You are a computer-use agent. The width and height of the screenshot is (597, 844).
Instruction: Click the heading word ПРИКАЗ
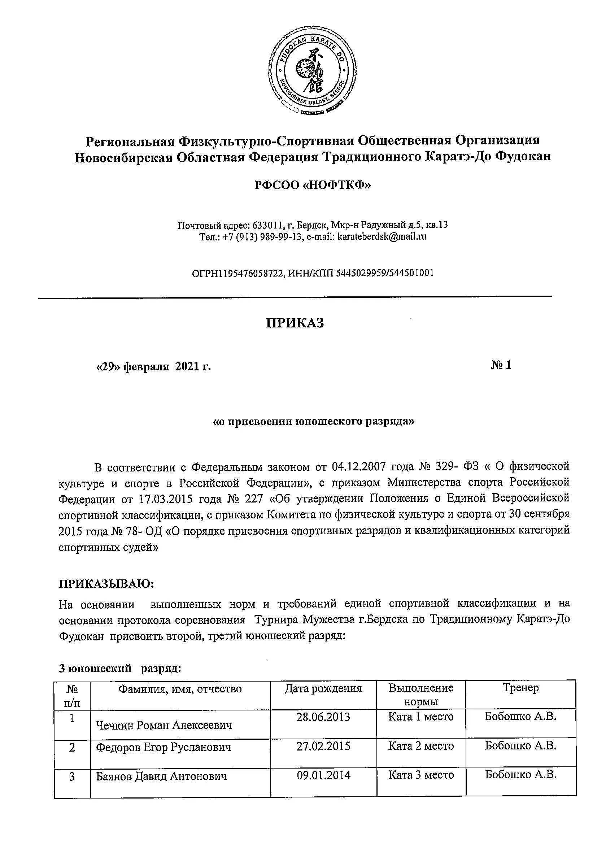point(295,323)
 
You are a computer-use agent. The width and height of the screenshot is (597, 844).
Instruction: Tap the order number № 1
point(501,365)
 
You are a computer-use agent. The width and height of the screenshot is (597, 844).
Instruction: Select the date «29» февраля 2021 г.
point(153,367)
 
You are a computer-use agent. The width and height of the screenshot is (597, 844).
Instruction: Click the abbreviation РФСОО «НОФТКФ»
point(313,186)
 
